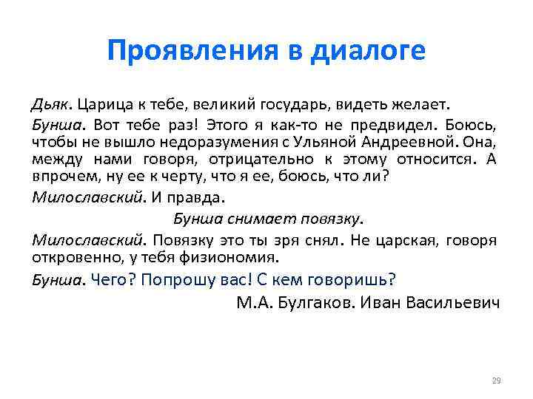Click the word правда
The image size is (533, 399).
(x=198, y=197)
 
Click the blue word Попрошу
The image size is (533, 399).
(x=177, y=280)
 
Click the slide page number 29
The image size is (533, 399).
(x=496, y=381)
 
